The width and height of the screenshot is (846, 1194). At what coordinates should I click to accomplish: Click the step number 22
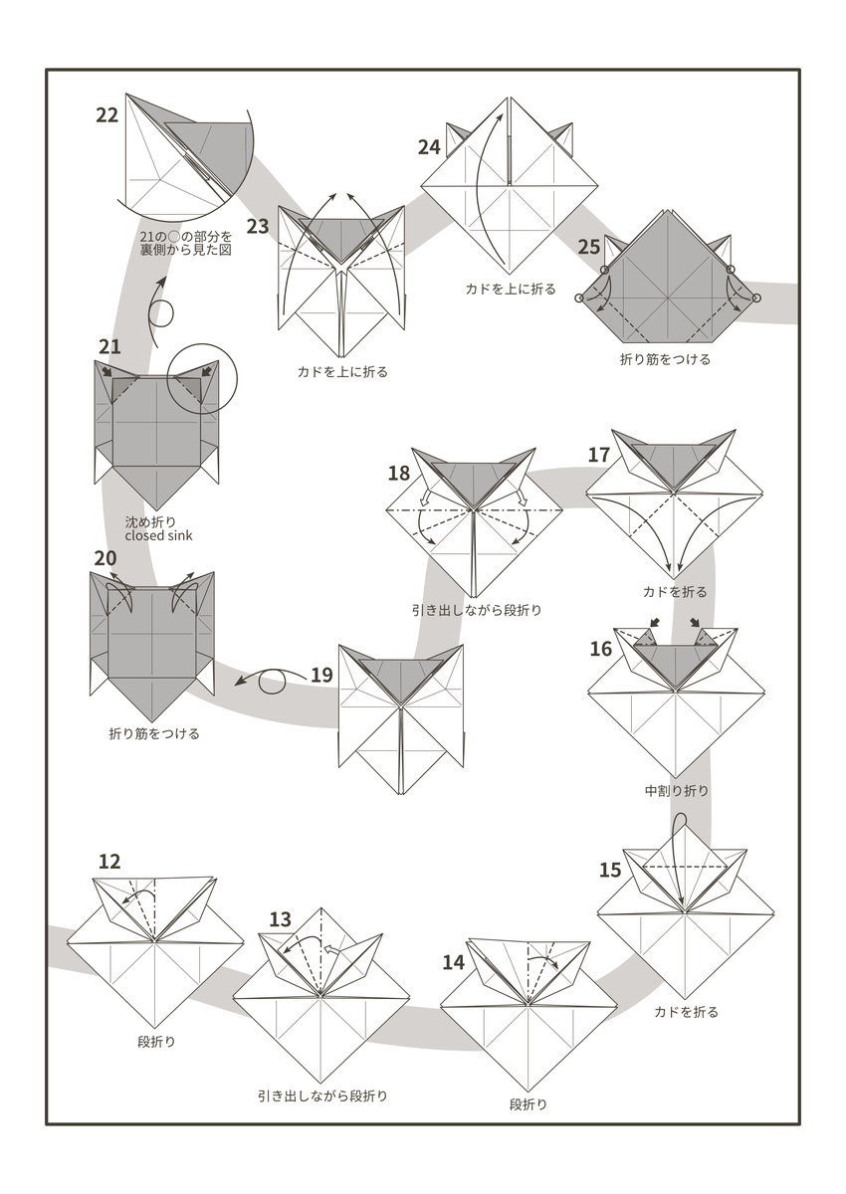tap(107, 114)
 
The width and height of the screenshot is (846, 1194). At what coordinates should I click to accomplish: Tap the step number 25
tap(589, 247)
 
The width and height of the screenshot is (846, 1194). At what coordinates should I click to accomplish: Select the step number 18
tap(399, 473)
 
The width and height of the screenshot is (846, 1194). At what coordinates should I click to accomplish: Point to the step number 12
tap(109, 862)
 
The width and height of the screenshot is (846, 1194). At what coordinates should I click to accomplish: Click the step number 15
tap(610, 871)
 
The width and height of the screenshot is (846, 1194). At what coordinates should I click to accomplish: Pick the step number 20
tap(106, 558)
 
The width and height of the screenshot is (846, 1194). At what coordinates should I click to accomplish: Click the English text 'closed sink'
tap(159, 535)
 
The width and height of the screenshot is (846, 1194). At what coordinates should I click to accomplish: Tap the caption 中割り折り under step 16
tap(677, 791)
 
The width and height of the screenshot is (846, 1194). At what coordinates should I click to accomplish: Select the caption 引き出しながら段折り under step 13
tap(322, 1095)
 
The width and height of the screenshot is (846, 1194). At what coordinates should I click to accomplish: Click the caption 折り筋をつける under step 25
tap(666, 359)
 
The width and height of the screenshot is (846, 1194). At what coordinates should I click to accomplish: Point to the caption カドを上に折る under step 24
tap(511, 289)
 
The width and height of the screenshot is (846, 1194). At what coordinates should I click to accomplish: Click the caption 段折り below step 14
tap(529, 1103)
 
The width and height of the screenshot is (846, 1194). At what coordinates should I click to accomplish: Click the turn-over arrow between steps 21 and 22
tap(159, 310)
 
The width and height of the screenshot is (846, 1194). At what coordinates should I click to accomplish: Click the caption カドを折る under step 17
tap(675, 591)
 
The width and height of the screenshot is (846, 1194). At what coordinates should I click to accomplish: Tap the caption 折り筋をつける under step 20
tap(154, 734)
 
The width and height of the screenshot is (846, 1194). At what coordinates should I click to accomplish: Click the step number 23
tap(258, 226)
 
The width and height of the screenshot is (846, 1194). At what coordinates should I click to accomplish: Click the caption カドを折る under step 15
tap(686, 1012)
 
